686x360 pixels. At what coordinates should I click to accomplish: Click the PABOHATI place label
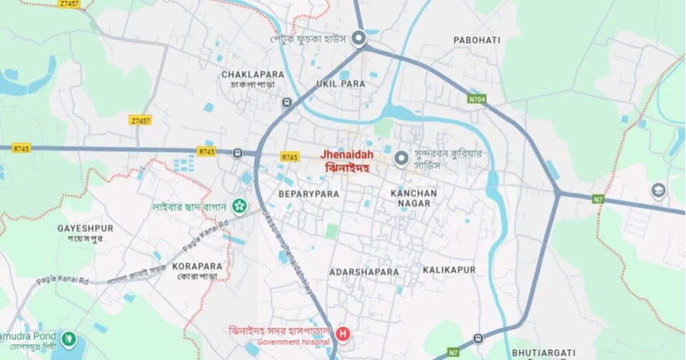click(477, 40)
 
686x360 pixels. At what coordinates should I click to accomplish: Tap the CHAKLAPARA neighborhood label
click(253, 74)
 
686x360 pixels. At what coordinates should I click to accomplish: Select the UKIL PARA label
click(341, 84)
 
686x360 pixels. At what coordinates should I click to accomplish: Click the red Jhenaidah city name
click(347, 154)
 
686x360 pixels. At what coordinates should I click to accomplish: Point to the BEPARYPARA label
click(308, 194)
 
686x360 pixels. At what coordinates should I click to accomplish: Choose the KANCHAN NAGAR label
click(414, 198)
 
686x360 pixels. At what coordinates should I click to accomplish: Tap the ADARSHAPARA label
click(364, 272)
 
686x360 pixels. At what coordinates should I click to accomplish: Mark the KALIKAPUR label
click(449, 271)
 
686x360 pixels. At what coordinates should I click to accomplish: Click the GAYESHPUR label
click(86, 228)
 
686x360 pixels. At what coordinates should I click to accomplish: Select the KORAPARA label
click(197, 266)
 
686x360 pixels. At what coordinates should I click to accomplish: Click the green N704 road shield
click(478, 99)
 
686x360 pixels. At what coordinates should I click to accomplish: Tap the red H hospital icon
click(343, 334)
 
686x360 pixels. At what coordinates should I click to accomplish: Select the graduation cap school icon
click(657, 191)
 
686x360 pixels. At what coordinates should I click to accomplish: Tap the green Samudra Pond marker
click(69, 338)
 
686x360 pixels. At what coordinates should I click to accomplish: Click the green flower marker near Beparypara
click(239, 207)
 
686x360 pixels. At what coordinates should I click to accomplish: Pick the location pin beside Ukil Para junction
click(358, 38)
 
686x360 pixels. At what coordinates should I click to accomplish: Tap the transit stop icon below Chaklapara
click(286, 102)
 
